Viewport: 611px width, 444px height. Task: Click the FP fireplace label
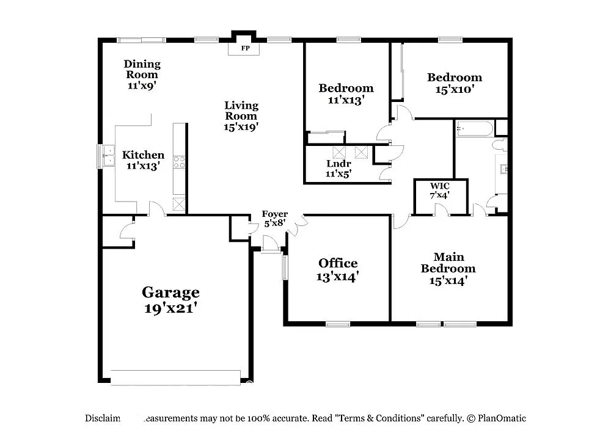[x=244, y=48]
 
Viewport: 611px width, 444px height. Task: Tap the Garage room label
[x=170, y=292]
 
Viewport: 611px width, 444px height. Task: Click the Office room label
[x=338, y=263]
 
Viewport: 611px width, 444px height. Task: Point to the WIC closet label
[x=440, y=186]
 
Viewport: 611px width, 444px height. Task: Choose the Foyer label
[x=274, y=214]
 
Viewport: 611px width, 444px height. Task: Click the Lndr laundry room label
[x=337, y=164]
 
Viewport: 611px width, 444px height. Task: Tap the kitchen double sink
[x=108, y=156]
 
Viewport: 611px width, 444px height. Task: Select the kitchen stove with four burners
[x=180, y=162]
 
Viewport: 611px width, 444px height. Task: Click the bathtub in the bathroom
[x=474, y=129]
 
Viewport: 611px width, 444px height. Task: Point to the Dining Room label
[x=142, y=69]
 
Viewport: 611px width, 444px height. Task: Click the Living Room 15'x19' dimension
[x=241, y=127]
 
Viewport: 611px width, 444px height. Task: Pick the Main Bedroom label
[x=448, y=263]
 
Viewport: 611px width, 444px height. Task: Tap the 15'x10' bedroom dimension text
[x=454, y=89]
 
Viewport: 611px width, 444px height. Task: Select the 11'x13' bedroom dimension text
[x=346, y=100]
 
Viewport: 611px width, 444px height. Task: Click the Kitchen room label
[x=143, y=155]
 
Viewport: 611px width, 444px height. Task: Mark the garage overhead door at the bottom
[x=177, y=378]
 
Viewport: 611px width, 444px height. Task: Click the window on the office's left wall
[x=285, y=267]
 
